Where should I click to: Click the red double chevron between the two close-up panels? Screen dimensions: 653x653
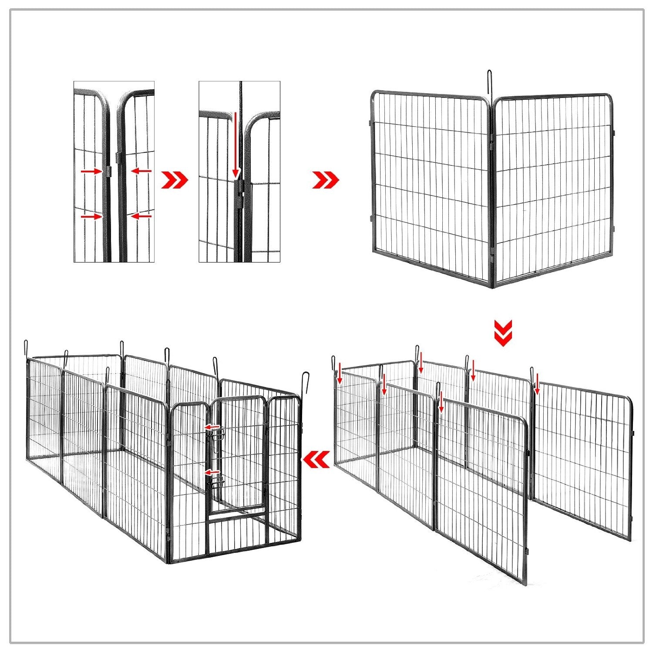[x=174, y=180]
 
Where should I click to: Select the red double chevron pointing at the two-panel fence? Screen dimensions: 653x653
[x=325, y=180]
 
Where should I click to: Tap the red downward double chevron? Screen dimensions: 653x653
[x=503, y=333]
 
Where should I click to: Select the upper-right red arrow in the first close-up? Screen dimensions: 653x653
[x=141, y=171]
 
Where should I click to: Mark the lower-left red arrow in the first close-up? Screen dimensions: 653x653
[x=91, y=216]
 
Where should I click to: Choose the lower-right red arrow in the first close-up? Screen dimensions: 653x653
[x=141, y=215]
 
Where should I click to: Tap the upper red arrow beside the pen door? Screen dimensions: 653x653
[x=212, y=427]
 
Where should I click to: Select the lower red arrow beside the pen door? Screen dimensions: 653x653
[x=212, y=472]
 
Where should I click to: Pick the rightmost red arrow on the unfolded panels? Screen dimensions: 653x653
[x=537, y=384]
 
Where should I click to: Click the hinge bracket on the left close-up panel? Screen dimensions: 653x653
[x=108, y=171]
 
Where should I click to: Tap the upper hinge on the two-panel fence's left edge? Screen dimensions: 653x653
[x=371, y=123]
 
